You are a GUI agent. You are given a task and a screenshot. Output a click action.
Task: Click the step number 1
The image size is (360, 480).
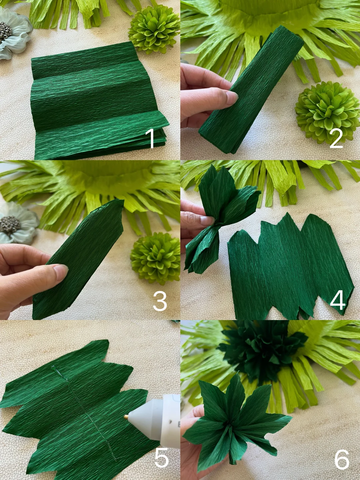tap(151, 138)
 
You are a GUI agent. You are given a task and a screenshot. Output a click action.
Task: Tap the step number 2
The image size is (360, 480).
tap(336, 138)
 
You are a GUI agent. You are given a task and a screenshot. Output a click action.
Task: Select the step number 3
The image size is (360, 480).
tap(160, 301)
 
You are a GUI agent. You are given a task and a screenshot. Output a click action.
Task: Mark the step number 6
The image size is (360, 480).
tap(342, 459)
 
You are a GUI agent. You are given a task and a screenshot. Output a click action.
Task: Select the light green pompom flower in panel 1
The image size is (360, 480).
tap(154, 29)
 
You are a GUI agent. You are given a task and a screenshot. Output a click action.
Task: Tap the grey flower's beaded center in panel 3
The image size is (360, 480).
tap(10, 225)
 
